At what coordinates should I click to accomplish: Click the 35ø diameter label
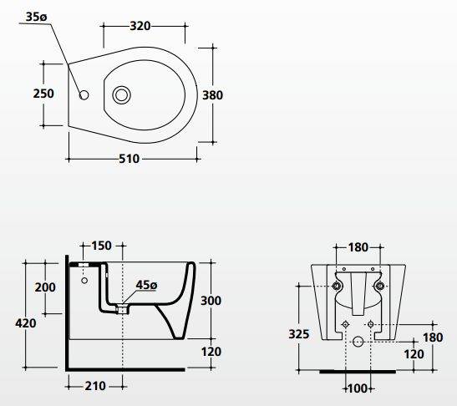click(36, 17)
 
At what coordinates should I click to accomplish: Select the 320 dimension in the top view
click(140, 26)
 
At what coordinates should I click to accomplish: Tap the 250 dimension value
click(43, 94)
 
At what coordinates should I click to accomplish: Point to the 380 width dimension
click(212, 95)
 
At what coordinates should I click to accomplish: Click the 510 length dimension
click(129, 159)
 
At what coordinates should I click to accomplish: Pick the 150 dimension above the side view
click(101, 246)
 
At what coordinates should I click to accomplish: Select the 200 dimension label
click(45, 287)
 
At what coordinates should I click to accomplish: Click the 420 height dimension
click(26, 323)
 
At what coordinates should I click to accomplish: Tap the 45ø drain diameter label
click(146, 285)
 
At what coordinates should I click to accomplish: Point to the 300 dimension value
click(211, 301)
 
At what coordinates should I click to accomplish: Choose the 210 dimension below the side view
click(95, 386)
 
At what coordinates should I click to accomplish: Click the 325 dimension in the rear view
click(299, 334)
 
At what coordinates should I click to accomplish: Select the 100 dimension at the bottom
click(358, 388)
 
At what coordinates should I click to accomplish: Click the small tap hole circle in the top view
click(84, 95)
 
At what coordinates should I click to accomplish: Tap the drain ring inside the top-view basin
click(121, 94)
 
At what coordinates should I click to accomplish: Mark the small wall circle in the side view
click(84, 281)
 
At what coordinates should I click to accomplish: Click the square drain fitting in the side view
click(122, 309)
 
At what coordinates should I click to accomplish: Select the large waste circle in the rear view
click(358, 342)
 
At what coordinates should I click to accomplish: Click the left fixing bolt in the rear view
click(338, 287)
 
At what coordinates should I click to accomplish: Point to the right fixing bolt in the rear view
click(380, 287)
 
